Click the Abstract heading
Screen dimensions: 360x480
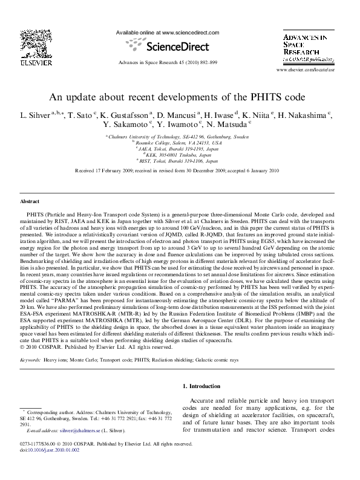[30, 200]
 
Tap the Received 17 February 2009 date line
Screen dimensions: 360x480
[180, 171]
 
